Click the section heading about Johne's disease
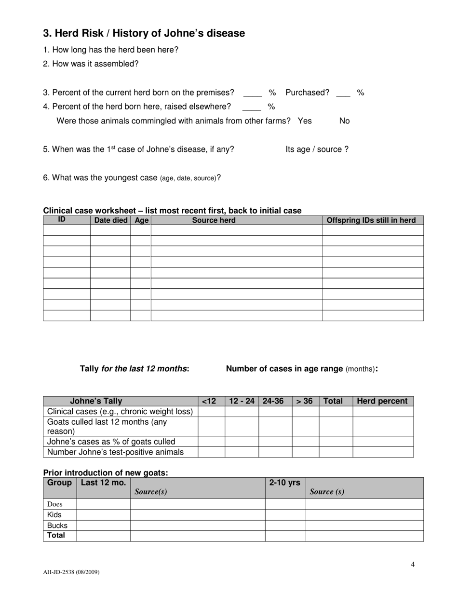[144, 33]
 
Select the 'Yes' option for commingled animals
[305, 121]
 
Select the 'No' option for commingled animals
[344, 121]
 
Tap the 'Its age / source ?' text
[317, 149]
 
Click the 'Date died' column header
[110, 220]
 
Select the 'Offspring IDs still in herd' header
[371, 220]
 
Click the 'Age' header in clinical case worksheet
[141, 220]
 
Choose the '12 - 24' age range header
[242, 401]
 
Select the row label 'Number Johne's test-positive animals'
[115, 452]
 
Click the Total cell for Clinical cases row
[336, 411]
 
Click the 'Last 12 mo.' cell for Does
[103, 504]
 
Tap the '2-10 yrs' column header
[284, 483]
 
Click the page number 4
[413, 565]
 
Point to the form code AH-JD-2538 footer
[71, 572]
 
